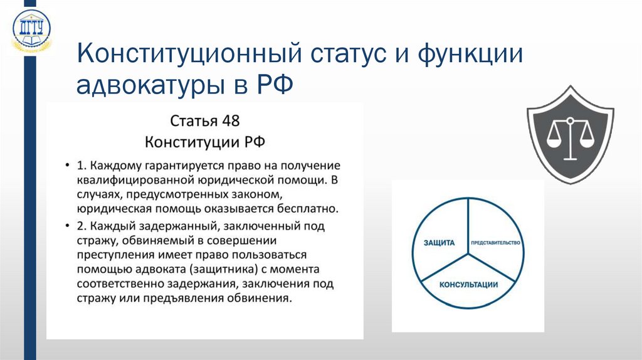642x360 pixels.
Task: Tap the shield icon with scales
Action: (569, 137)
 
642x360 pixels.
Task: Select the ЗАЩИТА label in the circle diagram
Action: (439, 243)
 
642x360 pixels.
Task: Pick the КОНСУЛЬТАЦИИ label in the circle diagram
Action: (468, 285)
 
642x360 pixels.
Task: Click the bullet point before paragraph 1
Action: (67, 166)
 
